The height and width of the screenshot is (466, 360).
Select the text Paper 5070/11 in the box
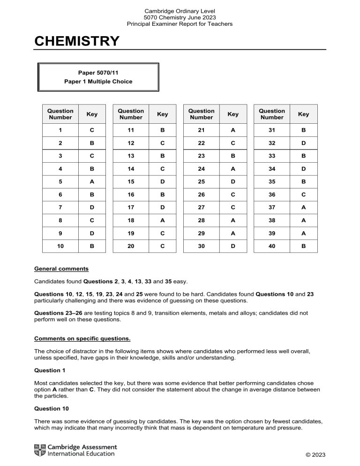98,73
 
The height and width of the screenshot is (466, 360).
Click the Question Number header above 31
272,114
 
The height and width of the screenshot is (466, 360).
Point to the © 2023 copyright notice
314,455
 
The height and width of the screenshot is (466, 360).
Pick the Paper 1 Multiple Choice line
98,82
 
